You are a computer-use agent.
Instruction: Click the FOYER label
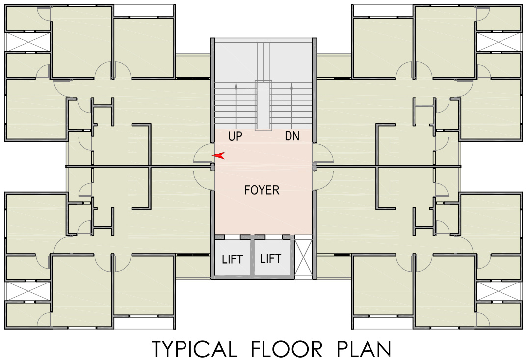point(262,190)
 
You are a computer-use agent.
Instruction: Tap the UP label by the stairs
point(235,137)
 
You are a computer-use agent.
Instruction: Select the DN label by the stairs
point(292,137)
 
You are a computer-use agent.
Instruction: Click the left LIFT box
point(232,258)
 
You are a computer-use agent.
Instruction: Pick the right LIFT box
point(270,258)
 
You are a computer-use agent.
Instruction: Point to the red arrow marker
point(219,155)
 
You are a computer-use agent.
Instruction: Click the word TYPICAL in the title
point(193,349)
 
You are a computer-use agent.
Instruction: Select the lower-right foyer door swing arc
point(323,180)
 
